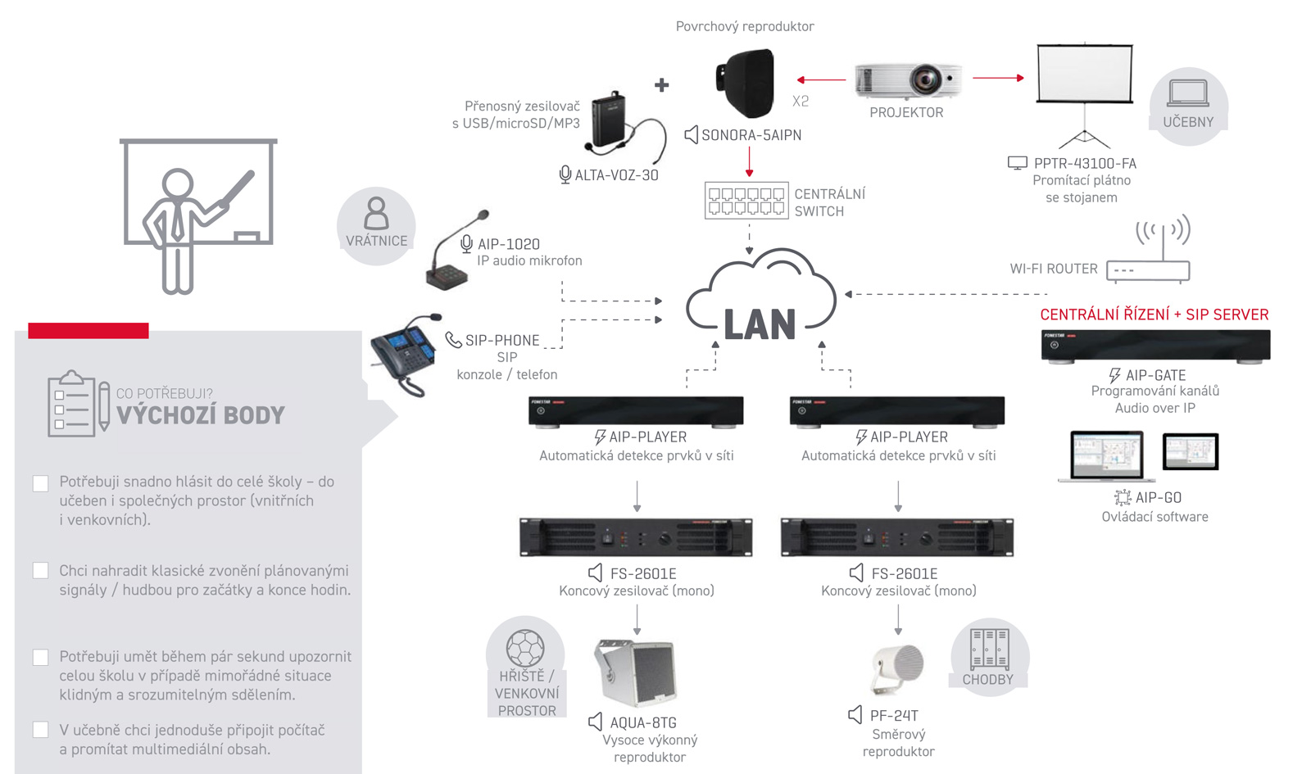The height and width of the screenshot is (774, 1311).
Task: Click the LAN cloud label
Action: tap(760, 324)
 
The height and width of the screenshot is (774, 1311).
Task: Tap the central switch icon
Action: tap(746, 201)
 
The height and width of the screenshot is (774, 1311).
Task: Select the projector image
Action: tap(908, 80)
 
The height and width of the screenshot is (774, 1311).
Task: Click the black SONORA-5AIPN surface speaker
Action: tap(746, 83)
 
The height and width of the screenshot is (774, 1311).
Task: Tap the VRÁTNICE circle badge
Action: tap(376, 225)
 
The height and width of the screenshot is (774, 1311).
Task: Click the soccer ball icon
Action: tap(525, 649)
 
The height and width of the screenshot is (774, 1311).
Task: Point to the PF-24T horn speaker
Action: tap(898, 668)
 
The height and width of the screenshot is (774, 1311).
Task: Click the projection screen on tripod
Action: tap(1085, 75)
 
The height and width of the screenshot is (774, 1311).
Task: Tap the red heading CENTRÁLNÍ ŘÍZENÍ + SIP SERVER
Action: tap(1154, 315)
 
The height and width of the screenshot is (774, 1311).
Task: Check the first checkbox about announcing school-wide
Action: tap(40, 483)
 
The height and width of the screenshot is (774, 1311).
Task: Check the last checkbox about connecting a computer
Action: tap(40, 730)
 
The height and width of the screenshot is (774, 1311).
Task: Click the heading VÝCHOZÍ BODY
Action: tap(201, 415)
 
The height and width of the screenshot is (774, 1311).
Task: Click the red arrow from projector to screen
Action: tap(998, 78)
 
